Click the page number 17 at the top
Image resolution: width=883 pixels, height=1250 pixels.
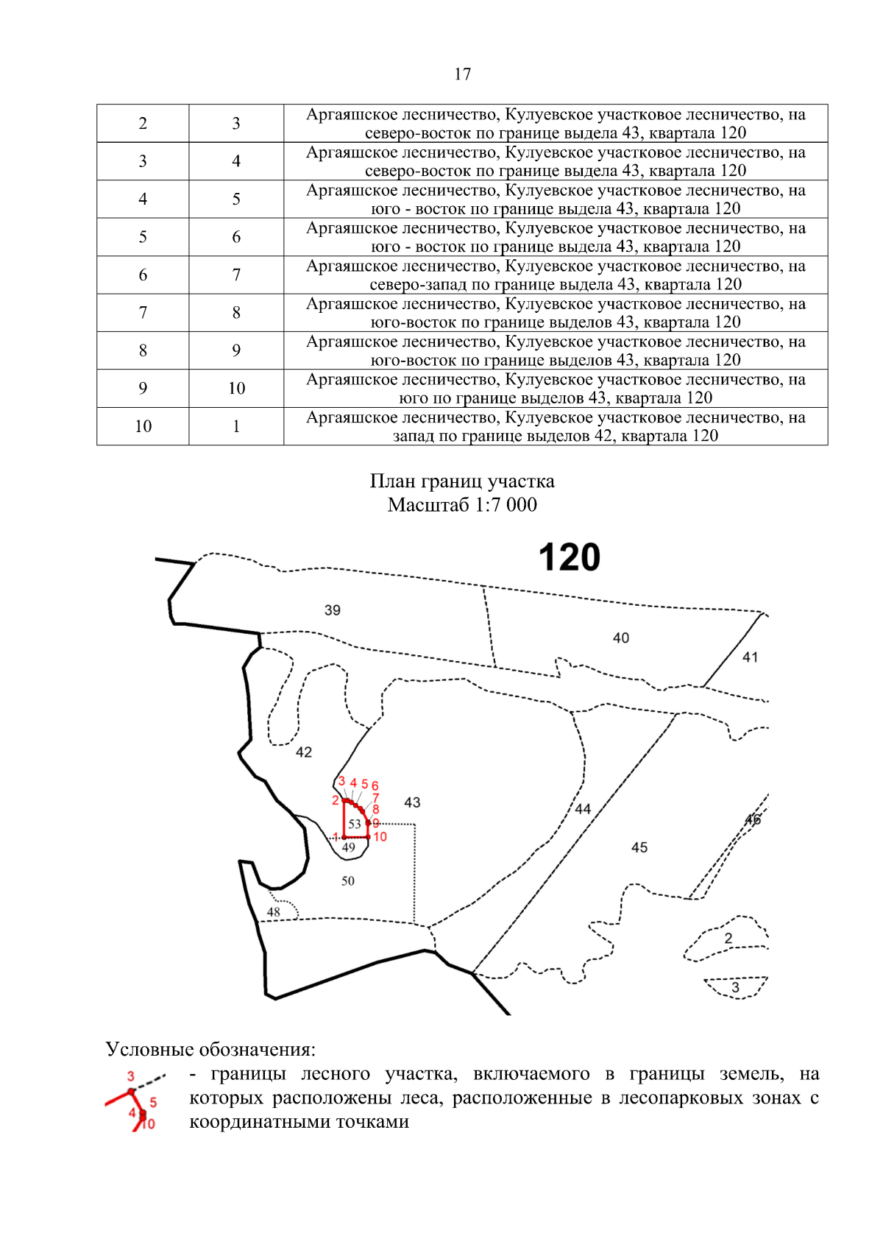tap(462, 74)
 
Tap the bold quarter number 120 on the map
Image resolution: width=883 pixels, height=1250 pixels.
tap(570, 558)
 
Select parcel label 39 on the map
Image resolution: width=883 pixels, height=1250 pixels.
tap(333, 610)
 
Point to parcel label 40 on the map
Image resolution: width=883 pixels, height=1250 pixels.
tap(621, 638)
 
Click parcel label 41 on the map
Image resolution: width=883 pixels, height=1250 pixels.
tap(750, 657)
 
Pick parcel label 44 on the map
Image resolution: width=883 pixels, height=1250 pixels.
tap(583, 809)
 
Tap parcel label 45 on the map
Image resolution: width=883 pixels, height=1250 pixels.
tap(639, 848)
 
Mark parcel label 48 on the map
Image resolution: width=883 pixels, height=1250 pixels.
tap(274, 912)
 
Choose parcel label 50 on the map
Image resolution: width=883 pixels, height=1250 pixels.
tap(348, 881)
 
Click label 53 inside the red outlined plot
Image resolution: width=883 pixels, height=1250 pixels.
tap(355, 824)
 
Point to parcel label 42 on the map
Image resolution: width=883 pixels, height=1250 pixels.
tap(304, 752)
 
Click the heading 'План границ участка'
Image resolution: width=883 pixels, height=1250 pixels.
tap(462, 481)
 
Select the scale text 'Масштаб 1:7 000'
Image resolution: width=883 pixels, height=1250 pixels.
tap(462, 505)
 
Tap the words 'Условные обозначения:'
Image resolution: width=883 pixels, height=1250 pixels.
tap(210, 1049)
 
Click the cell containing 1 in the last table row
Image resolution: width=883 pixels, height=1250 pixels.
tap(236, 426)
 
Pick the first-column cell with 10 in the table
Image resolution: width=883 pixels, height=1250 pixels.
tap(143, 426)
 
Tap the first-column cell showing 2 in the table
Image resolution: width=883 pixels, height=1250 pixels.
tap(143, 124)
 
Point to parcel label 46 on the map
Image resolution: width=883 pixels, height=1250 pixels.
tap(753, 820)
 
